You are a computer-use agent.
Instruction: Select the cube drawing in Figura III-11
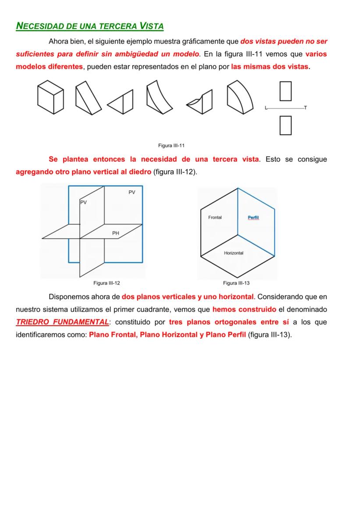[x=50, y=97]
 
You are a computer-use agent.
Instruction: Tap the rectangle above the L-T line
[x=285, y=90]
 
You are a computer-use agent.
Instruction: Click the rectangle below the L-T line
[x=285, y=125]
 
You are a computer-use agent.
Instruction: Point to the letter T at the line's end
[x=305, y=108]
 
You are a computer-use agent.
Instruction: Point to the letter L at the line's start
[x=266, y=108]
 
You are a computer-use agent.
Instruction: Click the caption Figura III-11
[x=171, y=145]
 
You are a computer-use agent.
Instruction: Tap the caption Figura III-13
[x=236, y=283]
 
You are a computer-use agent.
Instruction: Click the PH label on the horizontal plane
[x=115, y=233]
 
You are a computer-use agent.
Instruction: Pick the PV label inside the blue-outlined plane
[x=132, y=192]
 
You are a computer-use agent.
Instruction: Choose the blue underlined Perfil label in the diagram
[x=253, y=218]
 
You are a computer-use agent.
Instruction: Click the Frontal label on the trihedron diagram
[x=215, y=218]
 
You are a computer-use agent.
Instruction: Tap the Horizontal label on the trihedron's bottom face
[x=234, y=253]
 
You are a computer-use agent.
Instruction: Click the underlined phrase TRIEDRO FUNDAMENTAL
[x=62, y=322]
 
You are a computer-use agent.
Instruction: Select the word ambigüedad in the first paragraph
[x=138, y=54]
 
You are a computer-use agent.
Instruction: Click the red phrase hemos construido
[x=244, y=309]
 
